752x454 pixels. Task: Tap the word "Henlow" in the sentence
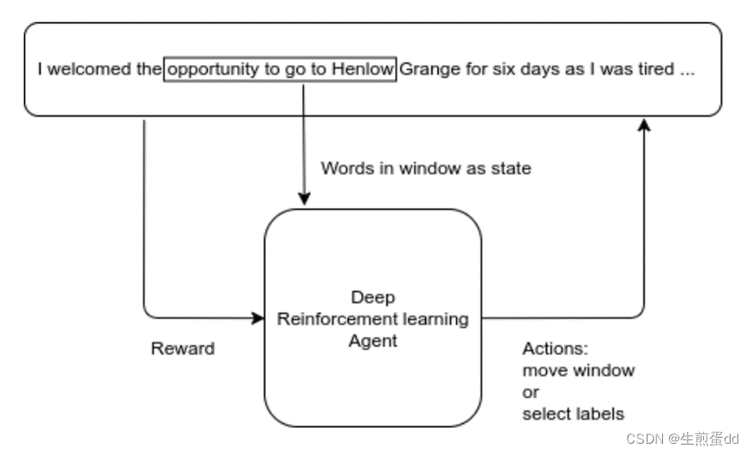363,69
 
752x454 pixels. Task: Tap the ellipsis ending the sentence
687,74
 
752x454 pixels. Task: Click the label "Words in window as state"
426,168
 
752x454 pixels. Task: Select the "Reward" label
183,349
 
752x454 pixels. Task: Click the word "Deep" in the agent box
373,298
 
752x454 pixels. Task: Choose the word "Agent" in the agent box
373,341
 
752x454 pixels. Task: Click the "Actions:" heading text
555,349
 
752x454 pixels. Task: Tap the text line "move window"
578,370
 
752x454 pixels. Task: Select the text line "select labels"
573,414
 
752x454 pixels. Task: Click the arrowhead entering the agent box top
304,199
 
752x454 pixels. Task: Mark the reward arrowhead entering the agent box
258,318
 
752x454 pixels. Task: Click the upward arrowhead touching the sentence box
644,125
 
